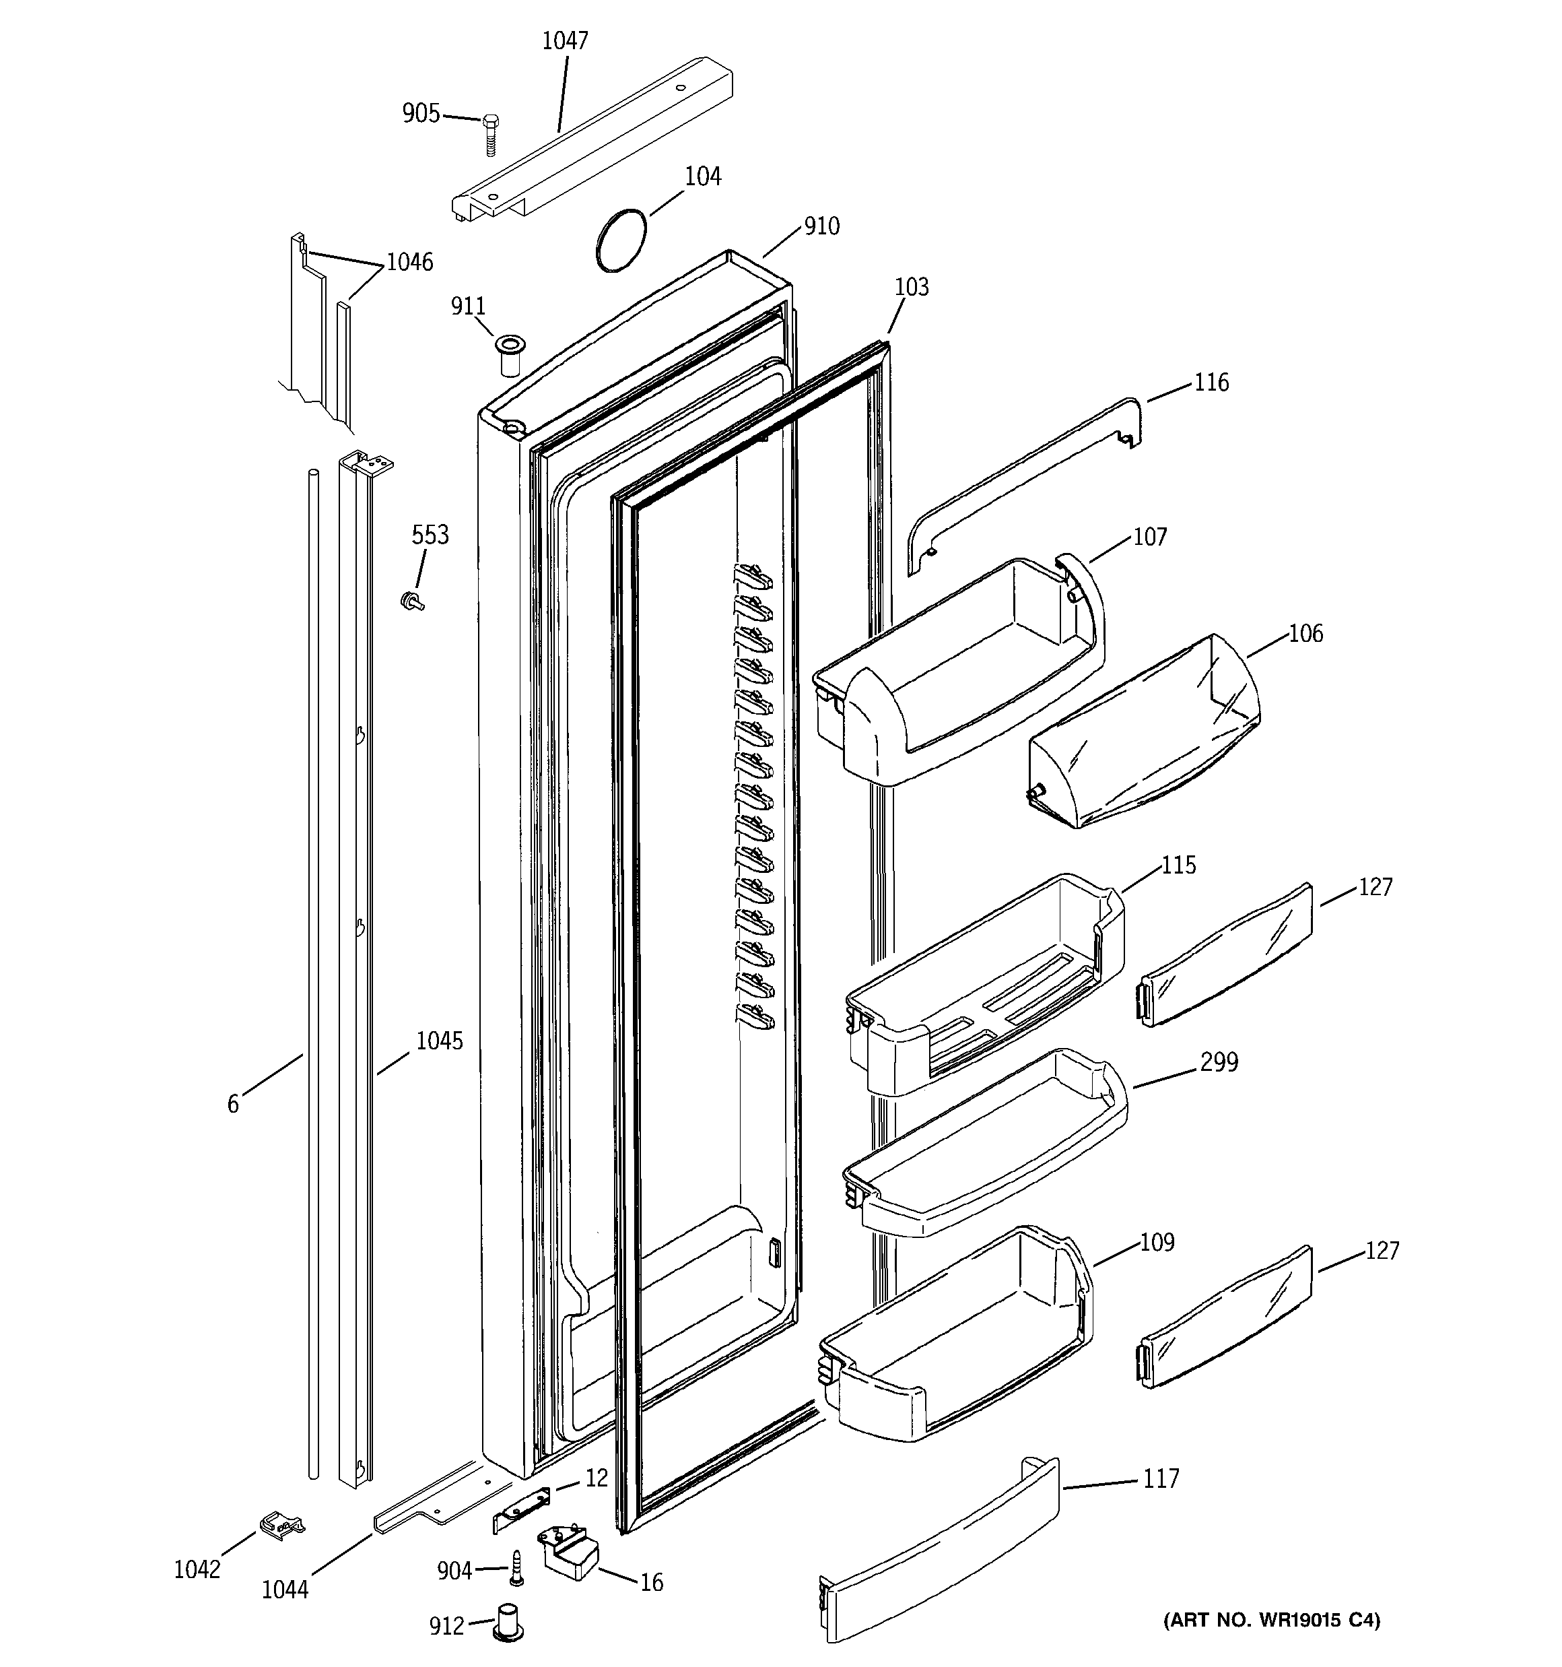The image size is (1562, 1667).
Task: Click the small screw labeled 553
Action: point(411,599)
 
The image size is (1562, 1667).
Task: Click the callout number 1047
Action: point(565,40)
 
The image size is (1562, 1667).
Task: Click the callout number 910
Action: point(821,226)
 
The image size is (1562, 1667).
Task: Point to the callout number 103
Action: point(912,287)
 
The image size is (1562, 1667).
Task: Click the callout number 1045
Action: point(440,1041)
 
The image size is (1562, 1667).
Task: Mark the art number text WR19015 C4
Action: point(1270,1643)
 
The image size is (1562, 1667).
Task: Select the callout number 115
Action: point(1178,865)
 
